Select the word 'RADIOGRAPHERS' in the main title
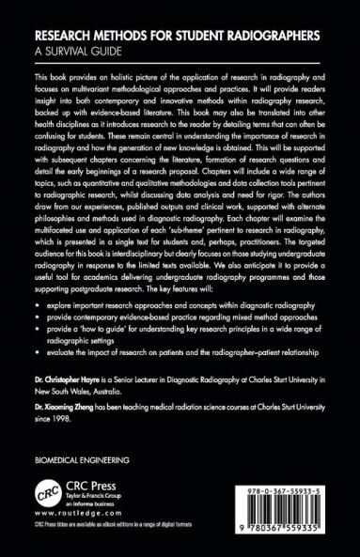(x=269, y=35)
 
